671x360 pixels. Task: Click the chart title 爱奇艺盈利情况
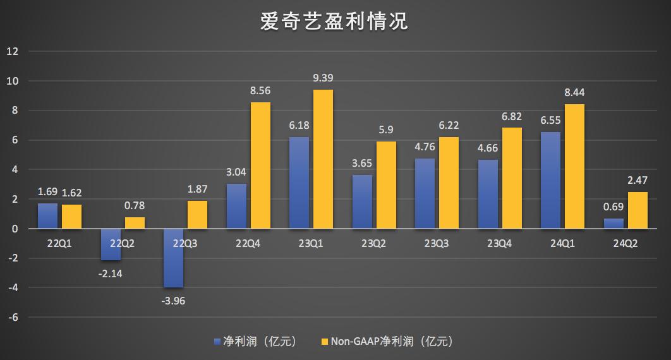[335, 21]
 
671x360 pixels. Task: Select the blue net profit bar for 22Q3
[173, 258]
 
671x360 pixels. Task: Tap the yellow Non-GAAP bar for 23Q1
[323, 159]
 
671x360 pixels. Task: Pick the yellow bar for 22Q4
[260, 165]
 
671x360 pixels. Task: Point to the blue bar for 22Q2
[111, 244]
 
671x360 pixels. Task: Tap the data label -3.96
[173, 300]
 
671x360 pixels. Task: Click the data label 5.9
[385, 130]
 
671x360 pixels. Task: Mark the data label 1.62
[72, 193]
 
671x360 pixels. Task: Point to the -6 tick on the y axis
[14, 317]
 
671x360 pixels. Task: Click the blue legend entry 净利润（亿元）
[256, 342]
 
